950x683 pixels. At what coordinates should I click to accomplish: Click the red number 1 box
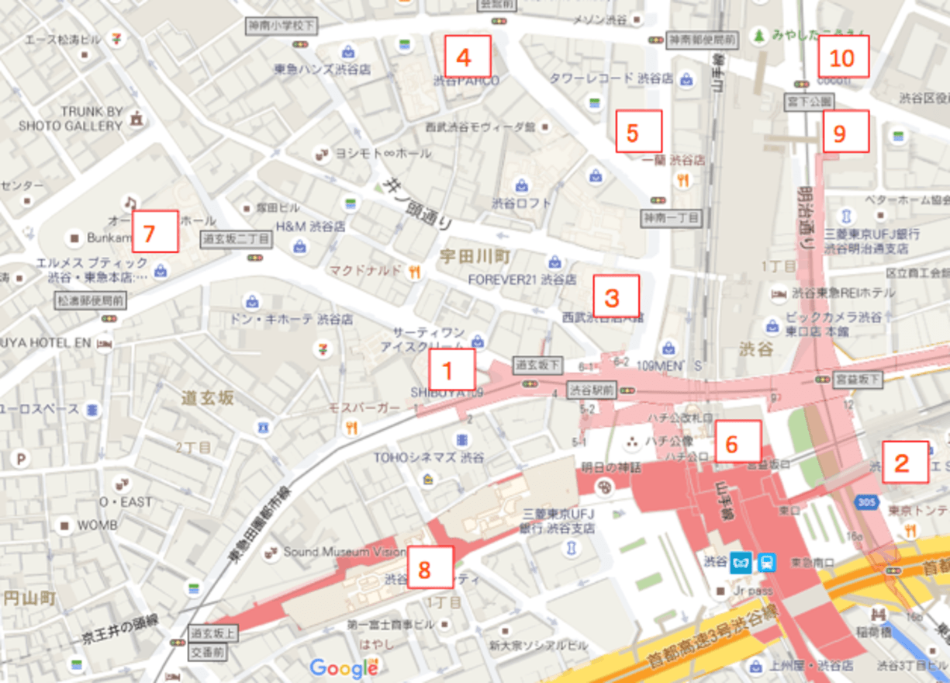[451, 369]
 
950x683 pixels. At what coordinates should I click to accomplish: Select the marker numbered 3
[616, 296]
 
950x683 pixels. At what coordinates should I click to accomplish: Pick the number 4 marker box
[468, 56]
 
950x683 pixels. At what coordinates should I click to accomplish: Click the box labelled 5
[639, 132]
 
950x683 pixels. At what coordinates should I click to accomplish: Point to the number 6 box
[738, 442]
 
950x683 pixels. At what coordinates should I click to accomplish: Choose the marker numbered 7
[154, 231]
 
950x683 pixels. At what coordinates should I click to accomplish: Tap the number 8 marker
[430, 567]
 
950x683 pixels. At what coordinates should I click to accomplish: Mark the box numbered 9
[845, 132]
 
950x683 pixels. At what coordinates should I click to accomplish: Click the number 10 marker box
[843, 57]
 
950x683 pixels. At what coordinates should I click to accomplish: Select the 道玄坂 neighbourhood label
[207, 399]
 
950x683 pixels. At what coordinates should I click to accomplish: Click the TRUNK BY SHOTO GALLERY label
[81, 118]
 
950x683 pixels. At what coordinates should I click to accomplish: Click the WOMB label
[97, 525]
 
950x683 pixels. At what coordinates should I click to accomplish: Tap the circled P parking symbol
[21, 459]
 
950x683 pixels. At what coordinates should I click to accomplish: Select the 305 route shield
[868, 503]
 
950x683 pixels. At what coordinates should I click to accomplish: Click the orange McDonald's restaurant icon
[416, 272]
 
